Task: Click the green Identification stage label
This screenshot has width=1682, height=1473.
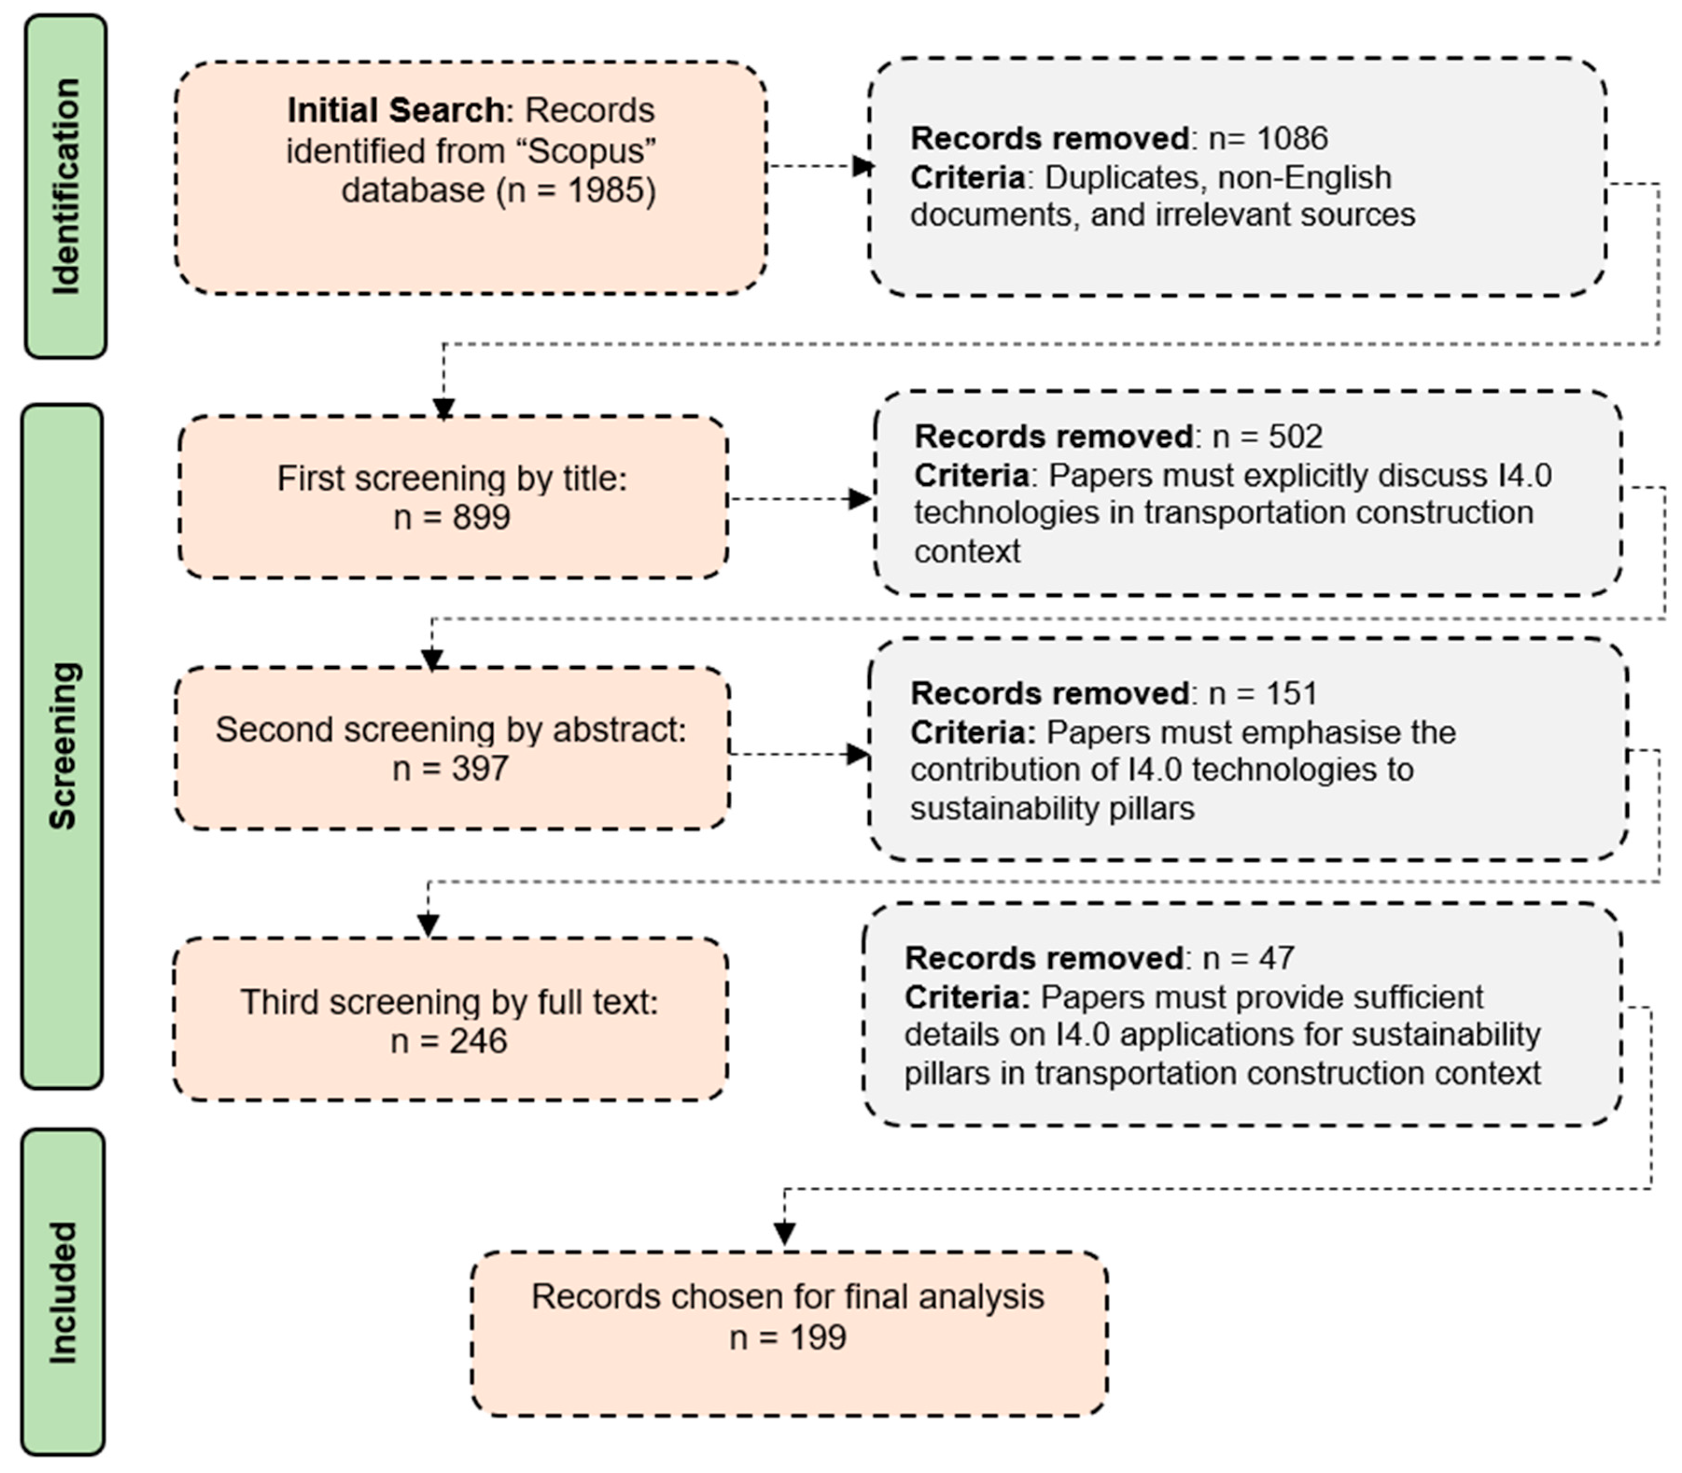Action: coord(66,187)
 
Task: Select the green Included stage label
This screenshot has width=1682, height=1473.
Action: coord(63,1292)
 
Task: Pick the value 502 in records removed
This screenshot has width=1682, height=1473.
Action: coord(1296,437)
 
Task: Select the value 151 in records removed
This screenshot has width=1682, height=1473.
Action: coord(1291,694)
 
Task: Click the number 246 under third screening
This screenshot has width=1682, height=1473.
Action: coord(478,1042)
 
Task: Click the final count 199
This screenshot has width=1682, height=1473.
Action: coord(817,1337)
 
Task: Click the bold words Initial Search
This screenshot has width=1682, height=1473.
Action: coord(396,110)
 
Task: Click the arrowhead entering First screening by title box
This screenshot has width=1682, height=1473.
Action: coord(444,409)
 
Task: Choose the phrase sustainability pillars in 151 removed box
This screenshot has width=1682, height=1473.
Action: coord(1052,809)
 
